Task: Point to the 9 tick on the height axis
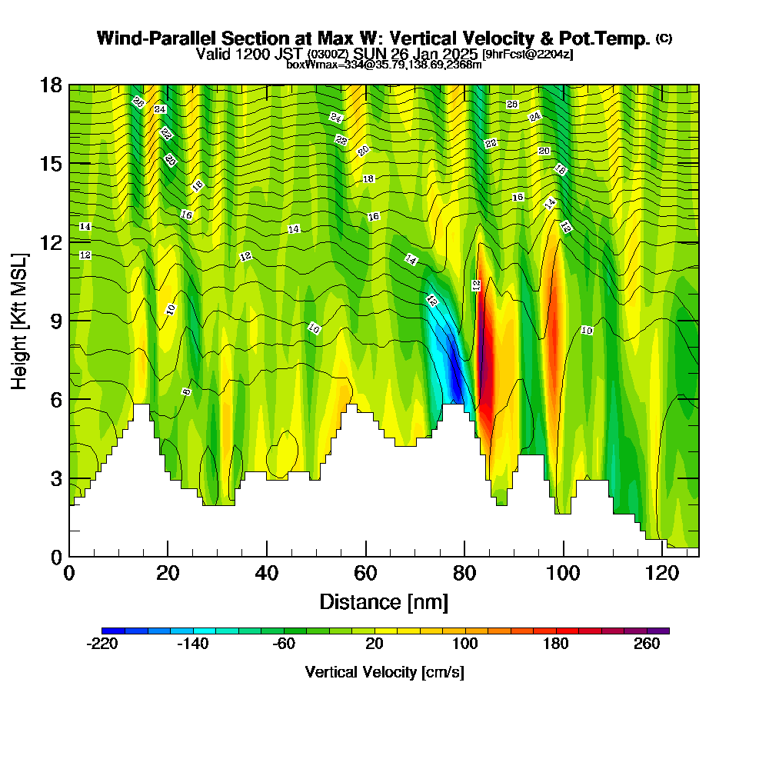[x=69, y=320]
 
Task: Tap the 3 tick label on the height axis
[x=55, y=478]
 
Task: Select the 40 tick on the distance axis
[x=267, y=556]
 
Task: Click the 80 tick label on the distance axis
[x=464, y=574]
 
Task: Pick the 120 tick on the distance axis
[x=662, y=556]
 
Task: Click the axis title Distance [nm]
[x=384, y=601]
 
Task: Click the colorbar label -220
[x=102, y=644]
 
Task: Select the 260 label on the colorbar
[x=647, y=644]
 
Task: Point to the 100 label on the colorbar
[x=465, y=644]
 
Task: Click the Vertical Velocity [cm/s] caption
[x=384, y=672]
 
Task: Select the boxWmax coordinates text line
[x=384, y=65]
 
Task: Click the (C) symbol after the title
[x=664, y=38]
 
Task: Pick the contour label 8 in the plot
[x=186, y=391]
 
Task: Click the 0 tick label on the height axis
[x=55, y=557]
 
